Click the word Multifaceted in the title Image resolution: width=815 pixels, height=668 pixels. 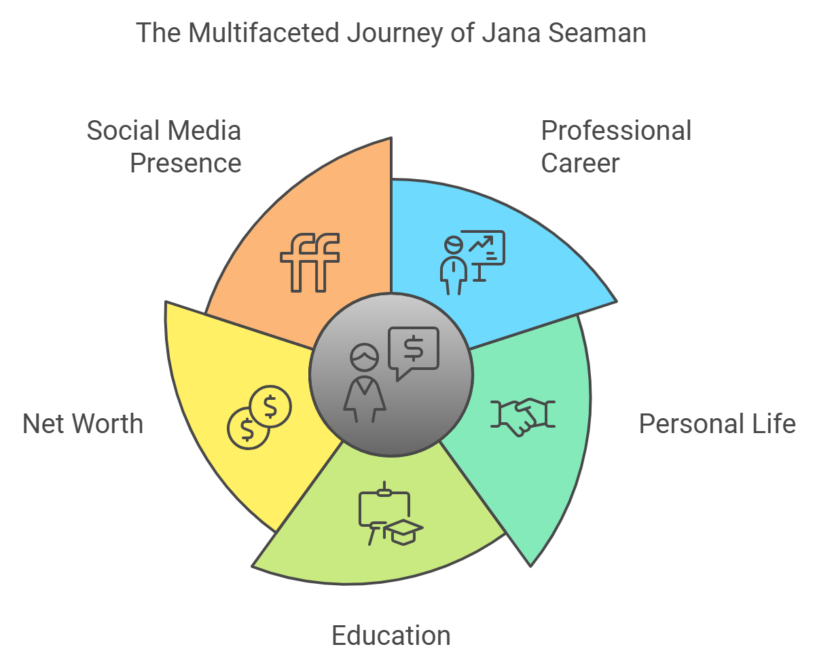264,33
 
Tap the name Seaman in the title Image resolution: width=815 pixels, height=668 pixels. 597,33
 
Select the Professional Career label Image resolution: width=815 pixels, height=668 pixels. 616,147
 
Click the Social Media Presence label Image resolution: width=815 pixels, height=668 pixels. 164,147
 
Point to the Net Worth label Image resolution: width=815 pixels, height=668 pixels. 83,424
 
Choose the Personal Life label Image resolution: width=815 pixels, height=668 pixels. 717,424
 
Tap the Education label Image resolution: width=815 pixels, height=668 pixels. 391,635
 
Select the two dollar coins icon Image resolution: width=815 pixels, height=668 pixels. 259,417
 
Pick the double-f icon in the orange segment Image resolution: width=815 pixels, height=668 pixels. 310,262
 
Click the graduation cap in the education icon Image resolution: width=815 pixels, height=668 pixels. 403,532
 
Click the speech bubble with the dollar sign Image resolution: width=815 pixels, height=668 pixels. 414,352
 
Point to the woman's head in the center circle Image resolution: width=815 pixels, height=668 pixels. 365,357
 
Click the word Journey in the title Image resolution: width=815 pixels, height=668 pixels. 395,34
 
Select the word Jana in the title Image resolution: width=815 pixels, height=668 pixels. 511,33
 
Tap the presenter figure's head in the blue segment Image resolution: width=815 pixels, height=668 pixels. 454,245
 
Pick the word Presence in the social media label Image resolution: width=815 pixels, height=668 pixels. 185,163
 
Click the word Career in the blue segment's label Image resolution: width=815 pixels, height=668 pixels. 580,163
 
